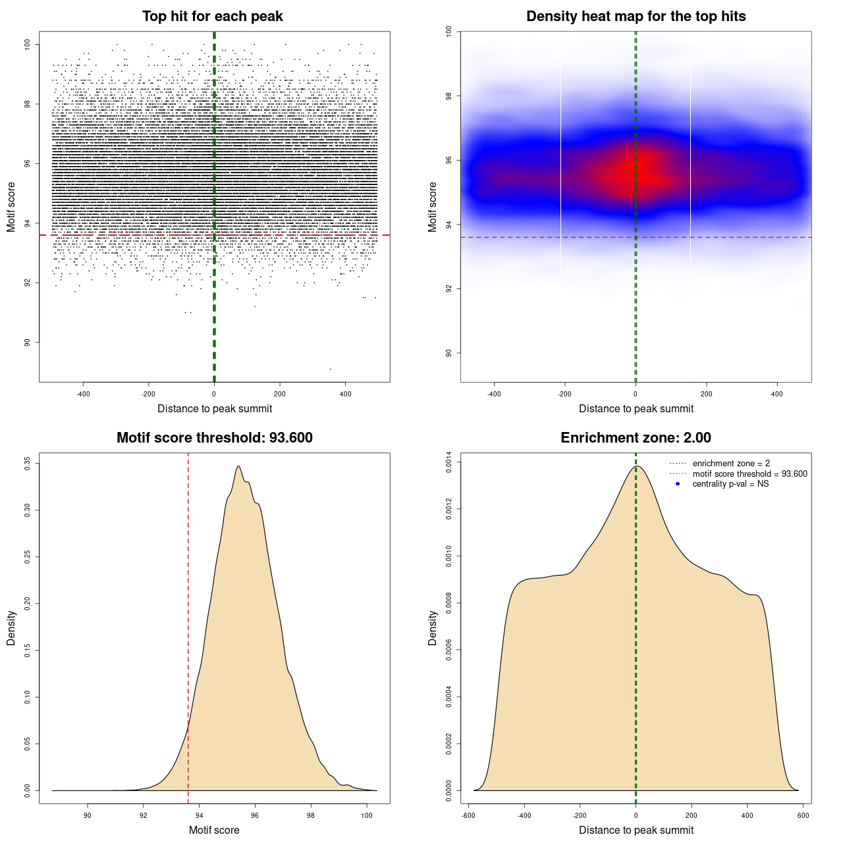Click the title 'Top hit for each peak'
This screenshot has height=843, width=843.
[x=213, y=16]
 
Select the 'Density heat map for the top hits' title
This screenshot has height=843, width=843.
[x=636, y=16]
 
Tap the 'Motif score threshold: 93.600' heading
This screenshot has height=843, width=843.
[x=214, y=438]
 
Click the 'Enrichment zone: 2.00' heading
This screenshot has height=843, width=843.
[x=636, y=438]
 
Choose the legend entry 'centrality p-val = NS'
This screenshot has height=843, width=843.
[x=730, y=484]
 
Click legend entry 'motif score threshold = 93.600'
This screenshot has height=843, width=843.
[x=749, y=474]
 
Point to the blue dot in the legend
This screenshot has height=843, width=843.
[x=678, y=484]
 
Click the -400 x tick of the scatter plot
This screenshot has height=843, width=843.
[x=83, y=394]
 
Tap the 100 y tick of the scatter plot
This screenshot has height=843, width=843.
[x=27, y=44]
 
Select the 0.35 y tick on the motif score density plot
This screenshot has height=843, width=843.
[x=27, y=464]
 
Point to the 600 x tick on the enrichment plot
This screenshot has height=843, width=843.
[x=803, y=815]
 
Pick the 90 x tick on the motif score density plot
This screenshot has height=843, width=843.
[x=88, y=815]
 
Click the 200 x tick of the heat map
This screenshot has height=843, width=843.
[x=706, y=394]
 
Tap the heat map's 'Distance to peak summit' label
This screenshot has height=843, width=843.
[x=636, y=409]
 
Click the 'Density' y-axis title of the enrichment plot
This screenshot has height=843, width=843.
[x=433, y=628]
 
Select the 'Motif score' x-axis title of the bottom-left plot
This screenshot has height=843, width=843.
[x=214, y=830]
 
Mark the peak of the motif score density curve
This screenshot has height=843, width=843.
[x=238, y=466]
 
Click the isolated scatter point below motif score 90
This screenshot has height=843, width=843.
[x=331, y=369]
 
